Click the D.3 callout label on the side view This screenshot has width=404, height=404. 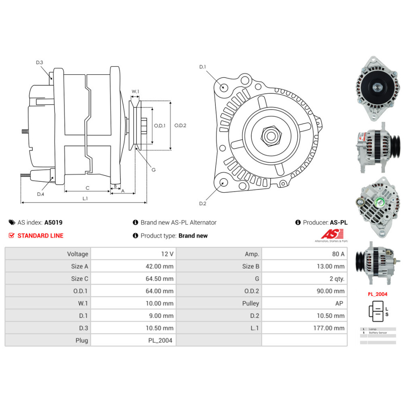tap(39, 62)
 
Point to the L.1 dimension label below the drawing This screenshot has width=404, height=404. tap(85, 198)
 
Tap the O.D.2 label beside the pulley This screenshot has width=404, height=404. tap(180, 125)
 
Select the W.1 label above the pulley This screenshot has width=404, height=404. tap(135, 92)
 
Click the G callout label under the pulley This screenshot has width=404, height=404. tap(154, 170)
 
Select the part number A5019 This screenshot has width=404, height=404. tap(53, 222)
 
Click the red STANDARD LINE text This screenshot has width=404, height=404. tap(40, 236)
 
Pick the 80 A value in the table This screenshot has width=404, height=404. tap(338, 254)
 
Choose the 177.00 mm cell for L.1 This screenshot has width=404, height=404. tap(329, 328)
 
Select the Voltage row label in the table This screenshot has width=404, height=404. tap(78, 254)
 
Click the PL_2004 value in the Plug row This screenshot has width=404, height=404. tap(160, 340)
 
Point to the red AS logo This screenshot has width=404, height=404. tap(332, 234)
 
